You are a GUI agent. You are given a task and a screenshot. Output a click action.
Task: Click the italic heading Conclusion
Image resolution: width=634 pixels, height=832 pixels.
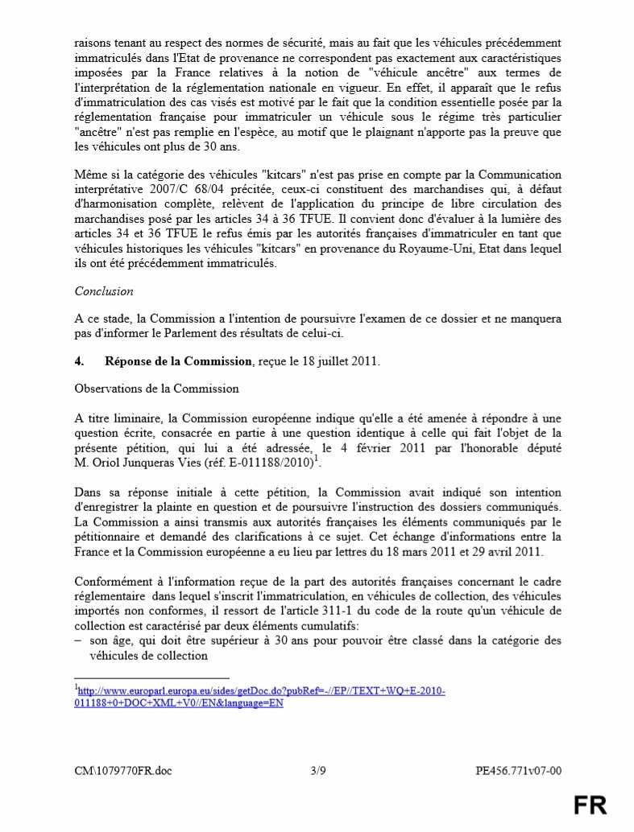pos(104,291)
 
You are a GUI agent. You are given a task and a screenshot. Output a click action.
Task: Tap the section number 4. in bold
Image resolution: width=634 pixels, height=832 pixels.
pos(79,362)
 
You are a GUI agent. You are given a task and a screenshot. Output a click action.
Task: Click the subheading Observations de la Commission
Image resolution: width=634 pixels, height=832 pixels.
pos(156,389)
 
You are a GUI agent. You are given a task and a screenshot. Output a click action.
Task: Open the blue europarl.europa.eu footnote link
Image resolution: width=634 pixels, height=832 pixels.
pos(260,697)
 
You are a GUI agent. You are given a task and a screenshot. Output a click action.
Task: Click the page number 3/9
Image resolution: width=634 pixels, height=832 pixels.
pos(317,771)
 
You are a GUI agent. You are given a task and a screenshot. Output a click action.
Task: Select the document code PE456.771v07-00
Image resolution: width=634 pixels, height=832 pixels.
pos(518,771)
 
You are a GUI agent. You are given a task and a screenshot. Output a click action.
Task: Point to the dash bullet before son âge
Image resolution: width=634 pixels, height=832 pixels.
pos(77,640)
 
